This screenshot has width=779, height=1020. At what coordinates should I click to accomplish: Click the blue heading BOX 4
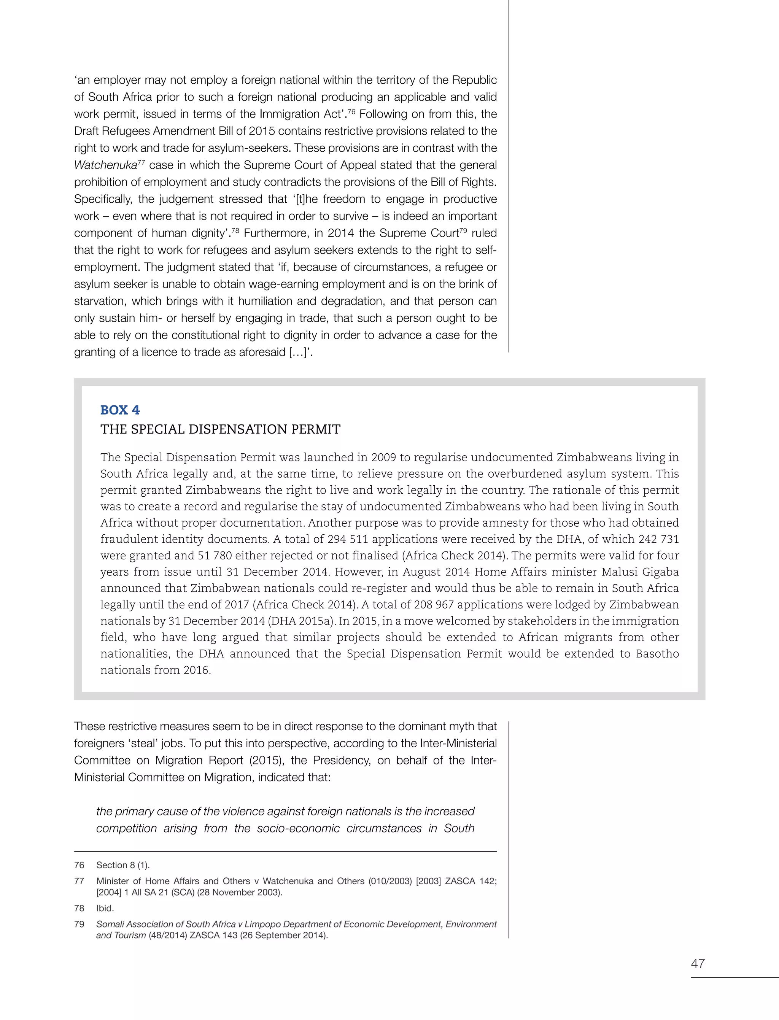coord(120,410)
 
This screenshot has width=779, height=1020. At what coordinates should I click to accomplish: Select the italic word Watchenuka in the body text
coord(105,165)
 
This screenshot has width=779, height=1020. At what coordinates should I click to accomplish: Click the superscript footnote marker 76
coord(351,112)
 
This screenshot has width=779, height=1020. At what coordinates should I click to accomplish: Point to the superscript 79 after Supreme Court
coord(464,230)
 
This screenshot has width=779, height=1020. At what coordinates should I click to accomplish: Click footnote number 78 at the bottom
coord(79,908)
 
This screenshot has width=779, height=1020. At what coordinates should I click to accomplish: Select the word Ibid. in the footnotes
coord(105,908)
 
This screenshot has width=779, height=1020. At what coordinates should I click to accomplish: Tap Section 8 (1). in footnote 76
coord(123,865)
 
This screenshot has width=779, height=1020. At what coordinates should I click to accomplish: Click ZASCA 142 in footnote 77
coord(470,881)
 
